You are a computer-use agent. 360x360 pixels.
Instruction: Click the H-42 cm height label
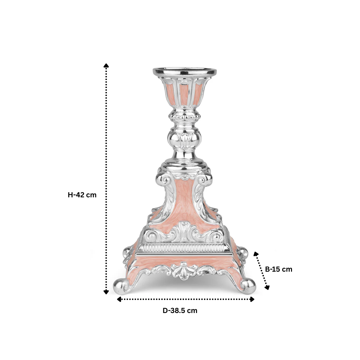(x=82, y=195)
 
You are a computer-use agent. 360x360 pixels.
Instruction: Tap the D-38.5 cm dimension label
(x=180, y=311)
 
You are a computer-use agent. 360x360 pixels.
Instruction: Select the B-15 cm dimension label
(x=279, y=269)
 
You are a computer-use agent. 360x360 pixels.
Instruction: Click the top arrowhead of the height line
(x=106, y=65)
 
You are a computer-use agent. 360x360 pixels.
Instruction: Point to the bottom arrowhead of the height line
(x=106, y=292)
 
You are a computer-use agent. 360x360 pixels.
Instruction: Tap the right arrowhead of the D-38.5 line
(x=252, y=299)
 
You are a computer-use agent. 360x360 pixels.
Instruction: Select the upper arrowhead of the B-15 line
(x=256, y=254)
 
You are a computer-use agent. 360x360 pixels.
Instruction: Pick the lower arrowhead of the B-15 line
(x=267, y=287)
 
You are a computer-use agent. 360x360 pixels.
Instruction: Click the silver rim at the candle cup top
(x=184, y=71)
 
